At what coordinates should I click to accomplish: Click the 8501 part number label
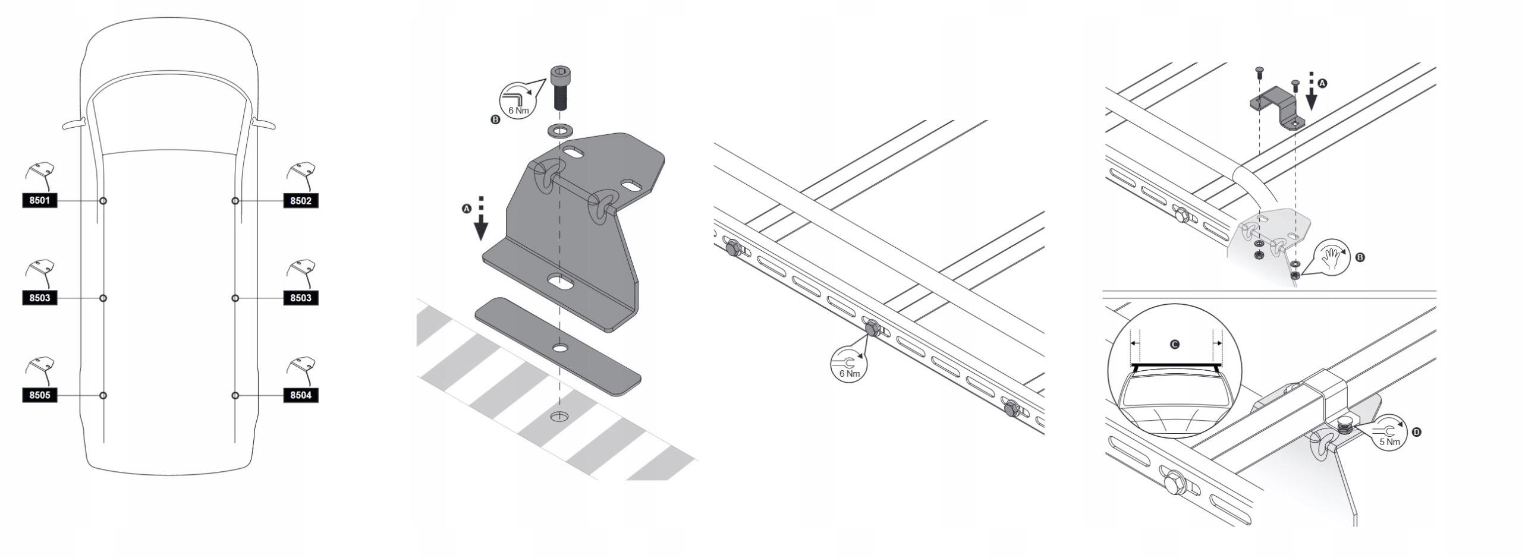click(x=40, y=201)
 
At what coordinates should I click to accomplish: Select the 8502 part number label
click(x=301, y=201)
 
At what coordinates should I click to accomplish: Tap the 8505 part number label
click(x=40, y=395)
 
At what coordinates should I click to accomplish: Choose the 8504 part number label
click(x=301, y=395)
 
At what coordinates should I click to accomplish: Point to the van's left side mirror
click(x=74, y=124)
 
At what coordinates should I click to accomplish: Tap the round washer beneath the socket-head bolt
click(x=559, y=130)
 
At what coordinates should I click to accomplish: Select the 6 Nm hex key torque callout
click(x=515, y=100)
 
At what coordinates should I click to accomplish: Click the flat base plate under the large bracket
click(x=557, y=345)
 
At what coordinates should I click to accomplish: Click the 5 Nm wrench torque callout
click(x=1389, y=433)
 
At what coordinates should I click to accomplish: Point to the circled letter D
click(x=1417, y=433)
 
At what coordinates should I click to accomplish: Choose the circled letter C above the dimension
click(x=1175, y=344)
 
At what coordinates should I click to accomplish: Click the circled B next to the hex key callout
click(x=495, y=119)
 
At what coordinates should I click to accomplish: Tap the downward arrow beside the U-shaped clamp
click(x=1311, y=96)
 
